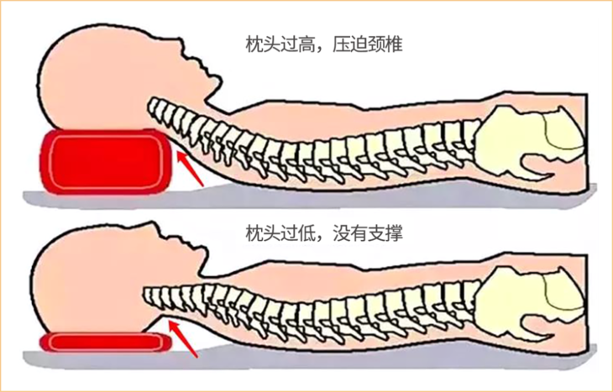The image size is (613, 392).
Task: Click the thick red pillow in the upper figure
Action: [x=105, y=160]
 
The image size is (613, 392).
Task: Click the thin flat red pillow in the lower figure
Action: [x=105, y=341]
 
